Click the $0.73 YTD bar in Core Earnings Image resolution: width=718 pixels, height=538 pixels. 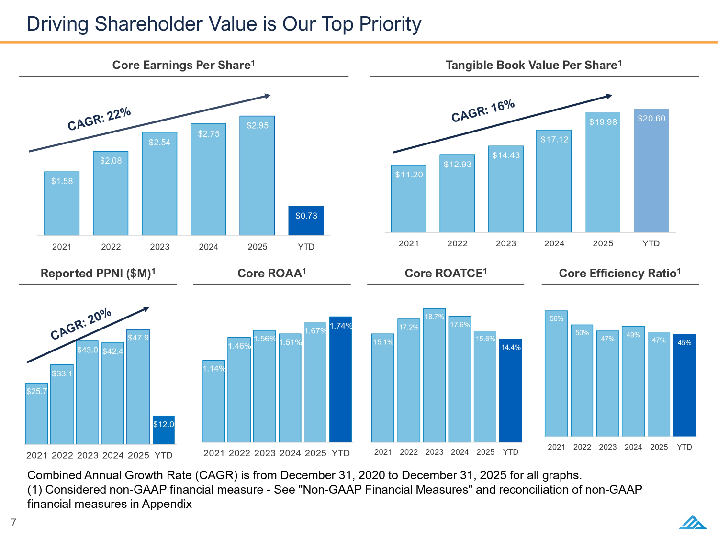tap(306, 220)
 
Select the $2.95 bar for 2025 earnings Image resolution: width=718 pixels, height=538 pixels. tap(257, 176)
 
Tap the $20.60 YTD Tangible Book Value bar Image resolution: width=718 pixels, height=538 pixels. tap(651, 171)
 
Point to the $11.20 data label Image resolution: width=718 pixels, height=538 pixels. tap(409, 175)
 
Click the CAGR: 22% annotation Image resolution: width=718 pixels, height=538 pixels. tap(99, 119)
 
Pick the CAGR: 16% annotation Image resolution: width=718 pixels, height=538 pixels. tap(483, 111)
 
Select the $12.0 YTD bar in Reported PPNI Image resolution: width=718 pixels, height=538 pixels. tap(163, 430)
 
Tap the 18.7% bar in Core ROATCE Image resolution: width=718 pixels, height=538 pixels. tap(434, 375)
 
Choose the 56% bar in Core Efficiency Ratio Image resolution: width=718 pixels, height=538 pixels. tap(556, 373)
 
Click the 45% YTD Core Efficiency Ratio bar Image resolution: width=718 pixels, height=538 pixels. tap(684, 385)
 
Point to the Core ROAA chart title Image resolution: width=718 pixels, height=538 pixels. tap(271, 273)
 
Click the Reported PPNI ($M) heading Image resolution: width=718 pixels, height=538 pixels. tap(98, 274)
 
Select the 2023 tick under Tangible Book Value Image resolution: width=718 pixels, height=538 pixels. tap(505, 243)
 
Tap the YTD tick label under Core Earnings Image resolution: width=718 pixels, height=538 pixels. tap(306, 247)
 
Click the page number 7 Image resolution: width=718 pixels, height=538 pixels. tap(14, 522)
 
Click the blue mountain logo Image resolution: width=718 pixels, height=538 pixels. tap(692, 522)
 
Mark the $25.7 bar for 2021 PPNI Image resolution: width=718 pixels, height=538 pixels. tap(37, 414)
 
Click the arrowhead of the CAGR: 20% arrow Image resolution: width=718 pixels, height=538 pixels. tap(146, 308)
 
